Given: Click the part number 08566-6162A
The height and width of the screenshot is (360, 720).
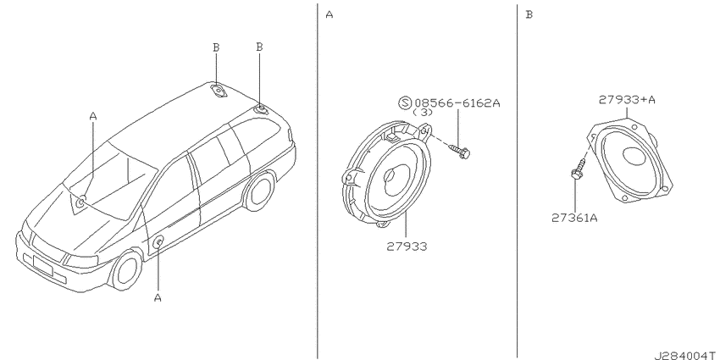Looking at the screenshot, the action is pos(457,102).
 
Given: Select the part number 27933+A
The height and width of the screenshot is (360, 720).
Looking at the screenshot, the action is pos(627,100).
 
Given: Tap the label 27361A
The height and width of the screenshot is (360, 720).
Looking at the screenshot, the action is pos(574,218).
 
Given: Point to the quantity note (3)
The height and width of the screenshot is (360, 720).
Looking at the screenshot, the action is pos(423,112).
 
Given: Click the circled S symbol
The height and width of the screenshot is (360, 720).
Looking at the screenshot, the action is pos(405,102).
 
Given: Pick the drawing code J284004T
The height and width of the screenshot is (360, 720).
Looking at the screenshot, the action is pos(687,356).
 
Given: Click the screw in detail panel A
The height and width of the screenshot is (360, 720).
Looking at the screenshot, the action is pos(460,152).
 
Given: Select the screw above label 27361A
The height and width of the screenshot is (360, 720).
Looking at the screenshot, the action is pos(578,169).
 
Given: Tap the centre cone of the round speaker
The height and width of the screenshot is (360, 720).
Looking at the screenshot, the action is pos(392,176).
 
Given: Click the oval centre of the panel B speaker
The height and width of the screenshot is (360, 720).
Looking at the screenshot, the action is pos(637,156).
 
